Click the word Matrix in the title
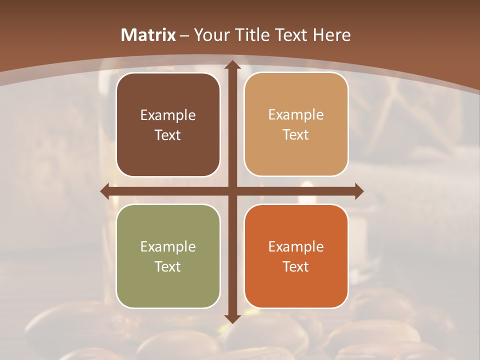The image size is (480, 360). click(x=148, y=35)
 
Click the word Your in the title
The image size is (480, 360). click(x=210, y=35)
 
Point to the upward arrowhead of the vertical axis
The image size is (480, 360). click(x=232, y=65)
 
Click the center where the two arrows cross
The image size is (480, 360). click(x=232, y=191)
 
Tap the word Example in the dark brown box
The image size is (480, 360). click(x=168, y=115)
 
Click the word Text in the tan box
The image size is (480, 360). click(x=296, y=135)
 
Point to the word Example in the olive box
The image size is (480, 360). click(x=168, y=247)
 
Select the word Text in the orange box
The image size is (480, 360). click(x=296, y=266)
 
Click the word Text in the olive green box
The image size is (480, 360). click(x=168, y=266)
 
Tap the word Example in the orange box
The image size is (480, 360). click(x=296, y=247)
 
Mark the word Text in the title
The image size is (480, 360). click(x=291, y=35)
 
